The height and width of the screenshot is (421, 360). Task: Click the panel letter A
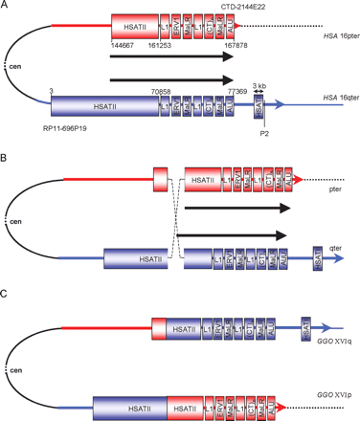tap(6, 7)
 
